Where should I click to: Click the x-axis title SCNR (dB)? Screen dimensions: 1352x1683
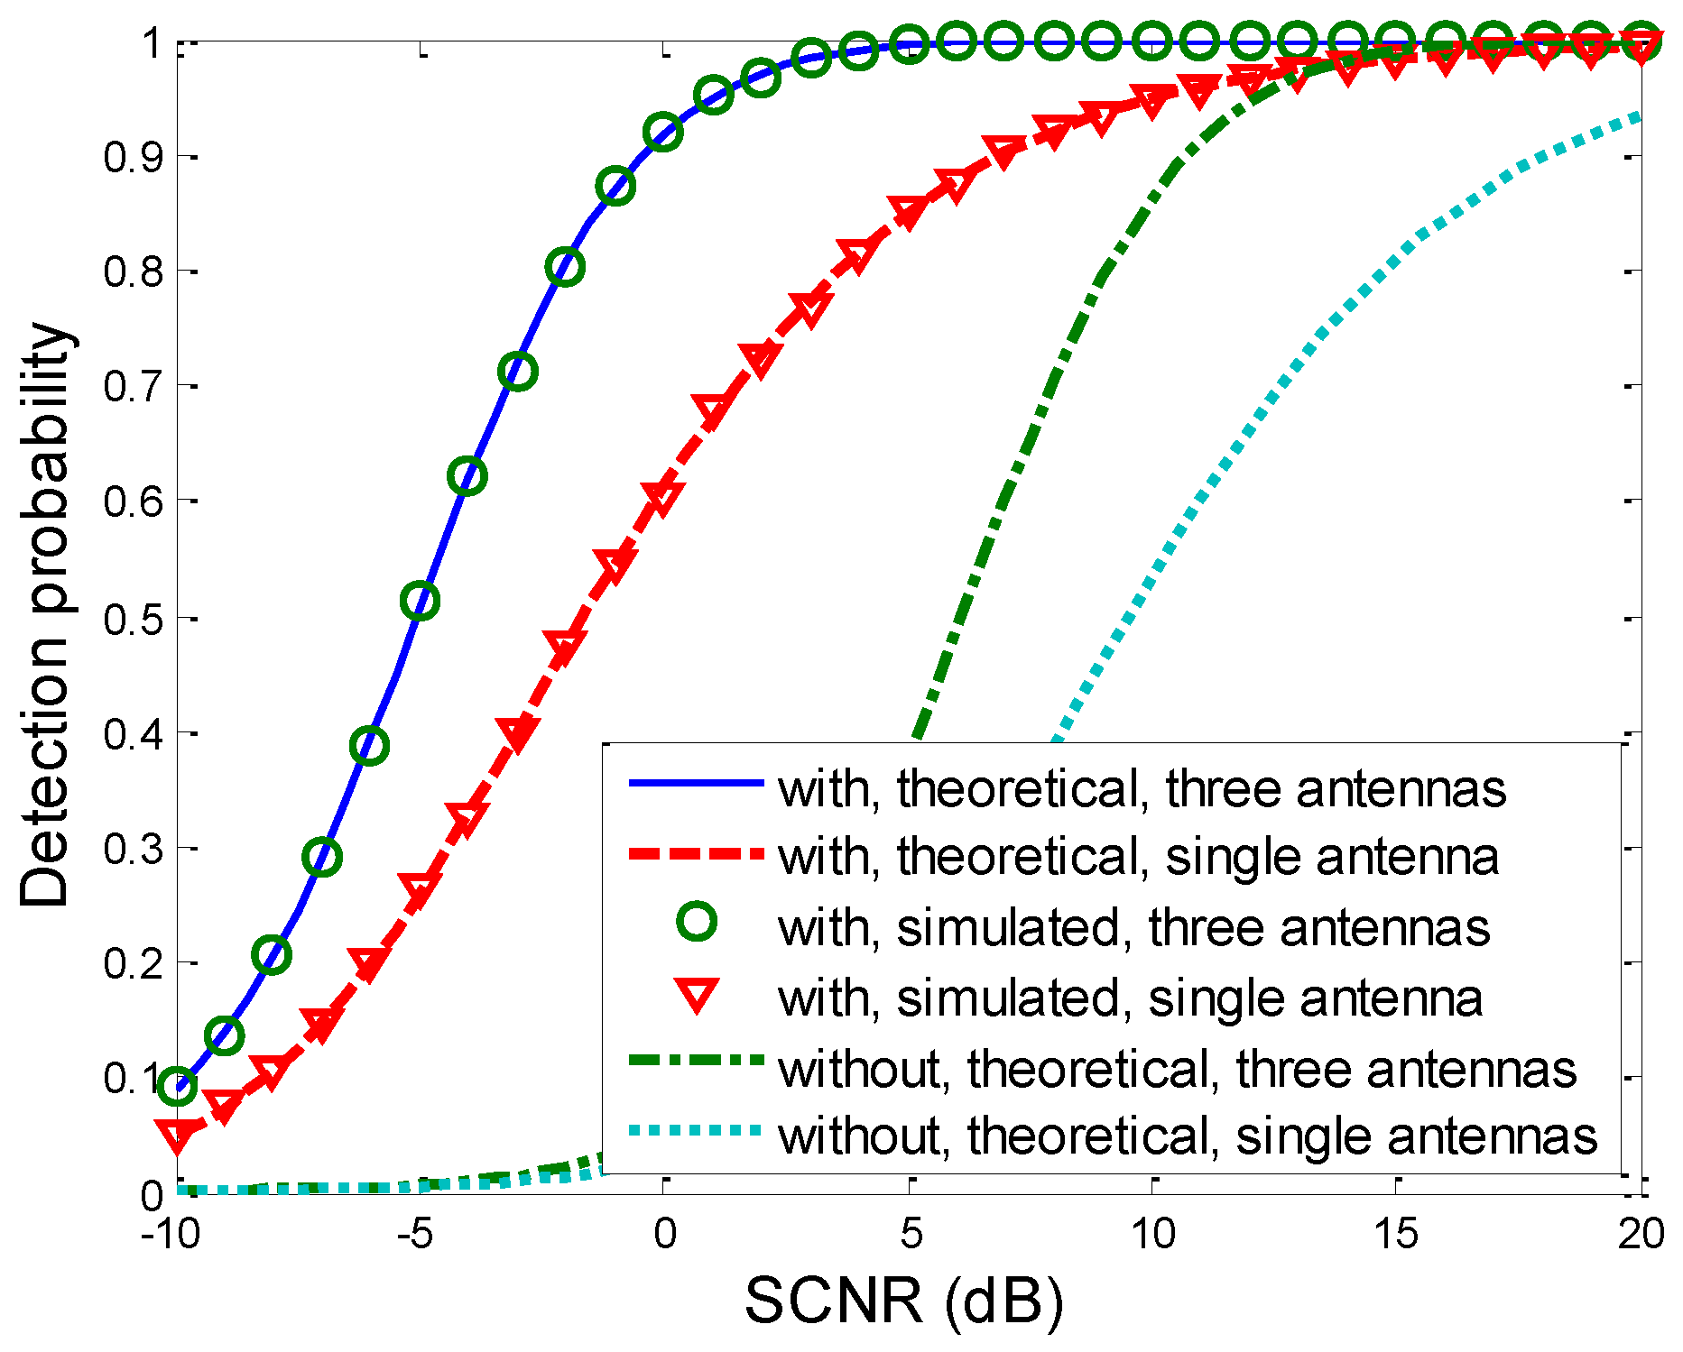tap(904, 1301)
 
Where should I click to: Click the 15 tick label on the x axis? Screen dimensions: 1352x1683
tap(1395, 1233)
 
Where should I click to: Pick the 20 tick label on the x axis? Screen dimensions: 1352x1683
tap(1640, 1233)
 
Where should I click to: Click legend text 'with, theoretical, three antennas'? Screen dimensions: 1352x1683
tap(1142, 788)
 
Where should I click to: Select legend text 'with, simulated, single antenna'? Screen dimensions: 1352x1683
tap(1130, 998)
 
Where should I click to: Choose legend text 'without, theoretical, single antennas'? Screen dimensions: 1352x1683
tap(1188, 1136)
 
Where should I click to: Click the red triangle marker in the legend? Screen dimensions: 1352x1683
tap(697, 996)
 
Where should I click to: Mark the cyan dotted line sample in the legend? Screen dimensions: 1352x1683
tap(697, 1129)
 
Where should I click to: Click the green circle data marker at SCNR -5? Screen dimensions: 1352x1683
tap(420, 601)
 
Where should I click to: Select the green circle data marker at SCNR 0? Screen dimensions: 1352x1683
tap(663, 133)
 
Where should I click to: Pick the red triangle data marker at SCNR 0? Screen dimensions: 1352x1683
tap(663, 496)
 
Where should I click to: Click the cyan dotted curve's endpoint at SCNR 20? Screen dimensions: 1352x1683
tap(1638, 118)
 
